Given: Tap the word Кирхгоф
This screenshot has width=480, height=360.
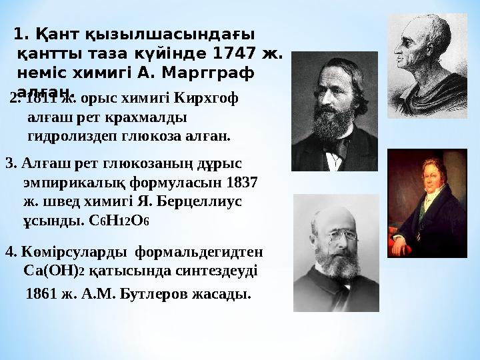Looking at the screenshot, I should (x=207, y=99).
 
